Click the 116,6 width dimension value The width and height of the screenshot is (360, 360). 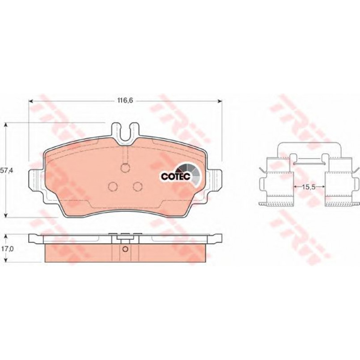point(125,101)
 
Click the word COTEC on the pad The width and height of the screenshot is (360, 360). point(176,176)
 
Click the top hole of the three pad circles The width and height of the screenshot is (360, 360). point(125,168)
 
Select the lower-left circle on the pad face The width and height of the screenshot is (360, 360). point(113,186)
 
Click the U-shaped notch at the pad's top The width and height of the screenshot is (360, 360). point(125,134)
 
